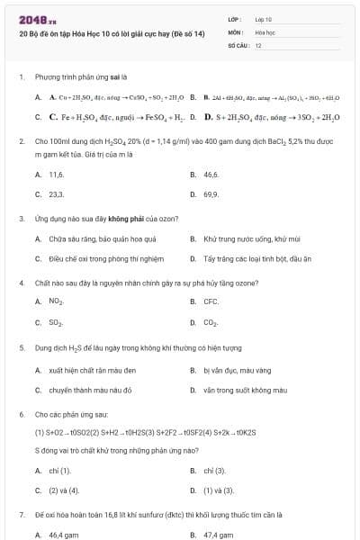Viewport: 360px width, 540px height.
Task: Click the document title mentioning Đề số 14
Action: click(x=112, y=32)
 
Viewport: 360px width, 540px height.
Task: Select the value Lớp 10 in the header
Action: click(x=265, y=18)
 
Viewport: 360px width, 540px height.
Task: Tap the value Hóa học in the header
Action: click(x=265, y=31)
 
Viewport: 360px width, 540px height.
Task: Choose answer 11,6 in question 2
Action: click(x=57, y=174)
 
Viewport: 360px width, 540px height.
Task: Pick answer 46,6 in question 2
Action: click(x=211, y=174)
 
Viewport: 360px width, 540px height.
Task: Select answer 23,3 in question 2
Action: click(x=57, y=193)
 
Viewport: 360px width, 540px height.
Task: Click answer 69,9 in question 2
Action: click(x=211, y=193)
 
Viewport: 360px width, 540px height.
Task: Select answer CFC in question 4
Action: click(x=211, y=302)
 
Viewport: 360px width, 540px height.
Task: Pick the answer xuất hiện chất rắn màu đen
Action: click(x=93, y=370)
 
